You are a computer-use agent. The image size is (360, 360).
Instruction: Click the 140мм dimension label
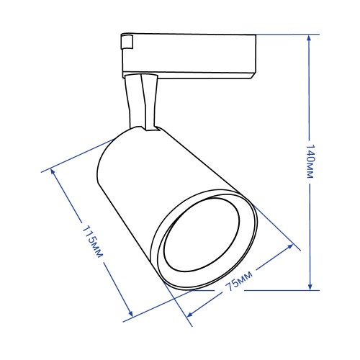[310, 161]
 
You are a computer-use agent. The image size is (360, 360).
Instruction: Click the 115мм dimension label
[93, 242]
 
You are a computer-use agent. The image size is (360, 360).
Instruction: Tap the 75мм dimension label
[240, 281]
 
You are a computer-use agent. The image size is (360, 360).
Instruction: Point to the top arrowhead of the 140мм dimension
[309, 38]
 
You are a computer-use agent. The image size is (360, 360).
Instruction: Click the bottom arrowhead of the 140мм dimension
[310, 287]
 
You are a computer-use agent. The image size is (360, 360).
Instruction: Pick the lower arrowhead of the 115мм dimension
[130, 313]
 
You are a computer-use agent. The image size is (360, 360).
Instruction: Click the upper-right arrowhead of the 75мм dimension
[290, 247]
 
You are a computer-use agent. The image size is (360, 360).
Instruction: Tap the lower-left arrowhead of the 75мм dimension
[190, 314]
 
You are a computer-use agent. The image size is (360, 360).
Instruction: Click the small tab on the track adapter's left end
[127, 42]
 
